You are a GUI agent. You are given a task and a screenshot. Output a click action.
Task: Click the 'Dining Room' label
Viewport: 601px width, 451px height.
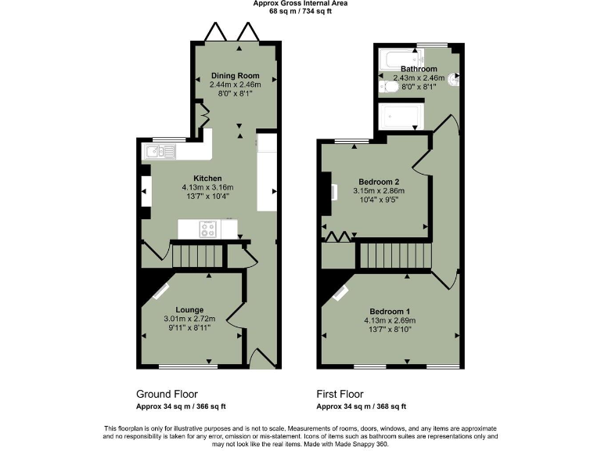(235, 76)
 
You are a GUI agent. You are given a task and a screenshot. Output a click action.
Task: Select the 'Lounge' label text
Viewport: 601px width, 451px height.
(189, 309)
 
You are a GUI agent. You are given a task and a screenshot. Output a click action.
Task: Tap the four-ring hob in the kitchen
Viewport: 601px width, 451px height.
(208, 229)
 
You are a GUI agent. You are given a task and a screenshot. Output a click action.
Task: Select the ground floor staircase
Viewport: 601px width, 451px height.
(198, 256)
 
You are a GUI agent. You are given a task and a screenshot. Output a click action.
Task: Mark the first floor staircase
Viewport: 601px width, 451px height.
(395, 255)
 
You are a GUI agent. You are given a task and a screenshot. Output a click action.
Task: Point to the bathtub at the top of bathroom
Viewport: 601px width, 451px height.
(400, 58)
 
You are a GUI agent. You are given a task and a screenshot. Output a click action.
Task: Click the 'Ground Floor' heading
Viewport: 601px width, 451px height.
(167, 394)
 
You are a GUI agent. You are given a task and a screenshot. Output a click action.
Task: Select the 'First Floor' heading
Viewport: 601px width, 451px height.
(340, 394)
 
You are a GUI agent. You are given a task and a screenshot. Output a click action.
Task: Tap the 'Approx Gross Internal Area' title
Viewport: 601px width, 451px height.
(300, 3)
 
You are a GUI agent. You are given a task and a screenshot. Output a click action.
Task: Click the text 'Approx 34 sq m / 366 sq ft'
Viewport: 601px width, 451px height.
(182, 406)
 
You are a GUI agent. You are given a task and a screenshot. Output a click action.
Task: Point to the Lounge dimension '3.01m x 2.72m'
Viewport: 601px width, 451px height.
(189, 319)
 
